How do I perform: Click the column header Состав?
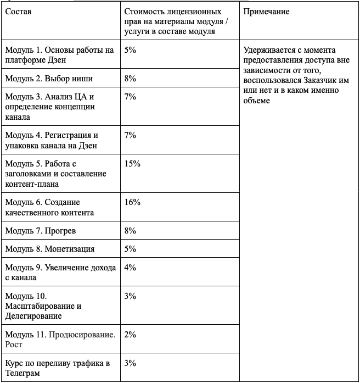[x=18, y=12]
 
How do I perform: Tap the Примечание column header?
[x=266, y=12]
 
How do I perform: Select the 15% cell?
[x=133, y=164]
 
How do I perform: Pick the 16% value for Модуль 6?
[x=133, y=202]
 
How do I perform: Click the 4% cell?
[x=130, y=268]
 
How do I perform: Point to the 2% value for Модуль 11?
[x=130, y=335]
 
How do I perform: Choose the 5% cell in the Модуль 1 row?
[x=130, y=50]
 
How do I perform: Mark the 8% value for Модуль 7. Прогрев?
[x=130, y=231]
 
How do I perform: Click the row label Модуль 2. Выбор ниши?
[x=43, y=79]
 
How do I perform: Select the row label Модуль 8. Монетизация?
[x=50, y=249]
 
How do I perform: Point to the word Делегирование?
[x=32, y=316]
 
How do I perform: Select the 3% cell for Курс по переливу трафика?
[x=130, y=363]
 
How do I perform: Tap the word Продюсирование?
[x=82, y=335]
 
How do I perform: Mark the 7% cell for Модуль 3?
[x=130, y=97]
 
